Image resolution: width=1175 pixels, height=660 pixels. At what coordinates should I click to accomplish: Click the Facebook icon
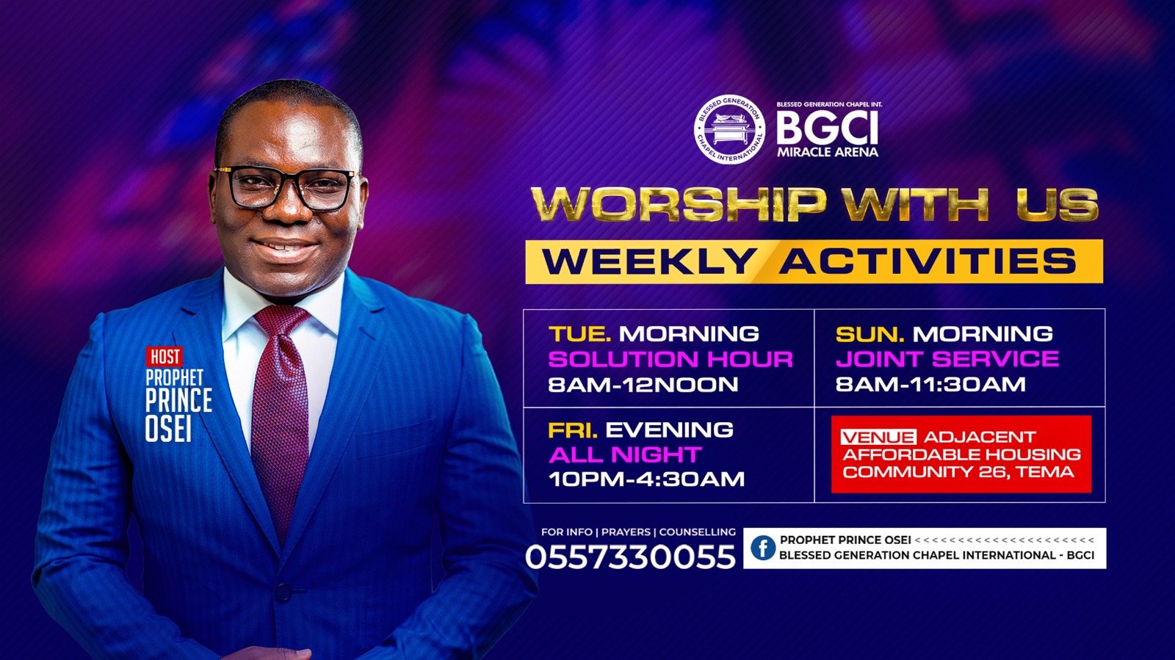click(763, 548)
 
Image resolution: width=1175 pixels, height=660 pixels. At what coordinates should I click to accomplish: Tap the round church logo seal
click(729, 129)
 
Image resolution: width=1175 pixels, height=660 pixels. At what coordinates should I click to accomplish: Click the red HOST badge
click(164, 357)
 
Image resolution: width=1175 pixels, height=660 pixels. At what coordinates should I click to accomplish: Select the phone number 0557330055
click(631, 556)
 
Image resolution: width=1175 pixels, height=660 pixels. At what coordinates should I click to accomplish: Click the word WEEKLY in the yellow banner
click(648, 261)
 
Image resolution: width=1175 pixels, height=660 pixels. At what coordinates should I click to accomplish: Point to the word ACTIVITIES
click(927, 261)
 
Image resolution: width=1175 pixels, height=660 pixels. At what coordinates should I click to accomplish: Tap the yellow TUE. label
click(579, 334)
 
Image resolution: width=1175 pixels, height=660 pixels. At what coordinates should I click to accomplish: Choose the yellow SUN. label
click(869, 334)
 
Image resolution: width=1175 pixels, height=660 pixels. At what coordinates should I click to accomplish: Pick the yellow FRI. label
click(573, 430)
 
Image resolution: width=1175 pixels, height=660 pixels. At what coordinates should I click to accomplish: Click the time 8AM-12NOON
click(643, 385)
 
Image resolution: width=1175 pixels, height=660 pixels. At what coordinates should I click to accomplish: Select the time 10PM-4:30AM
click(646, 479)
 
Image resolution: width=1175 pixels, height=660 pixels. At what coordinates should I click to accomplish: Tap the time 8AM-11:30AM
click(930, 384)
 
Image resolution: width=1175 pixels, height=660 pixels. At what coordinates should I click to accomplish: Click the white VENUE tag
click(878, 438)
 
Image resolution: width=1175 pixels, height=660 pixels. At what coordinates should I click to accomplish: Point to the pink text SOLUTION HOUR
click(670, 360)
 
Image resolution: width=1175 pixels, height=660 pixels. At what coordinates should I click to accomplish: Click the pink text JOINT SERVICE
click(947, 359)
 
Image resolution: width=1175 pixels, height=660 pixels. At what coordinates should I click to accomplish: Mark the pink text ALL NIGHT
click(625, 455)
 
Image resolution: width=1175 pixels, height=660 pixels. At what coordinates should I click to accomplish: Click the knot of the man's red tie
click(282, 319)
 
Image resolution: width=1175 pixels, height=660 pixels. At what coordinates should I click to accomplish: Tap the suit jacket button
click(283, 592)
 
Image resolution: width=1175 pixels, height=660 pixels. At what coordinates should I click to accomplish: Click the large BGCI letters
click(827, 128)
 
